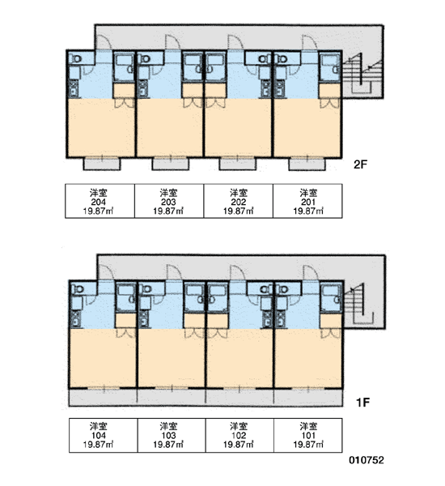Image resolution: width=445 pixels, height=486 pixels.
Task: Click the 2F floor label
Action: [360, 164]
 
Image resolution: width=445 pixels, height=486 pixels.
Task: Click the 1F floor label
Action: [362, 403]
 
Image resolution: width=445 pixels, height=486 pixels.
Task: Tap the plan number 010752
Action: [367, 460]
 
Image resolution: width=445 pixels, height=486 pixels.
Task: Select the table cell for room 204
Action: [100, 201]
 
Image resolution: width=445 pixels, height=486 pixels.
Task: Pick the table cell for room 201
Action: [307, 201]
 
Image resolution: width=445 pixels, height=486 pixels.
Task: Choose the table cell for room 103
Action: [172, 435]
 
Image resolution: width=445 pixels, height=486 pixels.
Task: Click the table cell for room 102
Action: [239, 435]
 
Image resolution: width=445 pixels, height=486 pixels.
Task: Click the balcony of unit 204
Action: [102, 164]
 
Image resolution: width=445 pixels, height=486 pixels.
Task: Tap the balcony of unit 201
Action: [307, 164]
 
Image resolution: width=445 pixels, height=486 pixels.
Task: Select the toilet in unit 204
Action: [75, 58]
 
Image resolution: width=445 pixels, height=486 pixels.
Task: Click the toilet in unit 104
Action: [78, 289]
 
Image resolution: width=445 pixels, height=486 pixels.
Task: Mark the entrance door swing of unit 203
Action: [173, 42]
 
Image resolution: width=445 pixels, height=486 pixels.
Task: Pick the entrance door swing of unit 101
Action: [311, 273]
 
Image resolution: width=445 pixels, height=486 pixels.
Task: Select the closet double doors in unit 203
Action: [193, 103]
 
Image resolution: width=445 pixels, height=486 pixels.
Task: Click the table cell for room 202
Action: [239, 201]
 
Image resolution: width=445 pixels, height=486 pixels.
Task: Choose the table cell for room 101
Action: [308, 435]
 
